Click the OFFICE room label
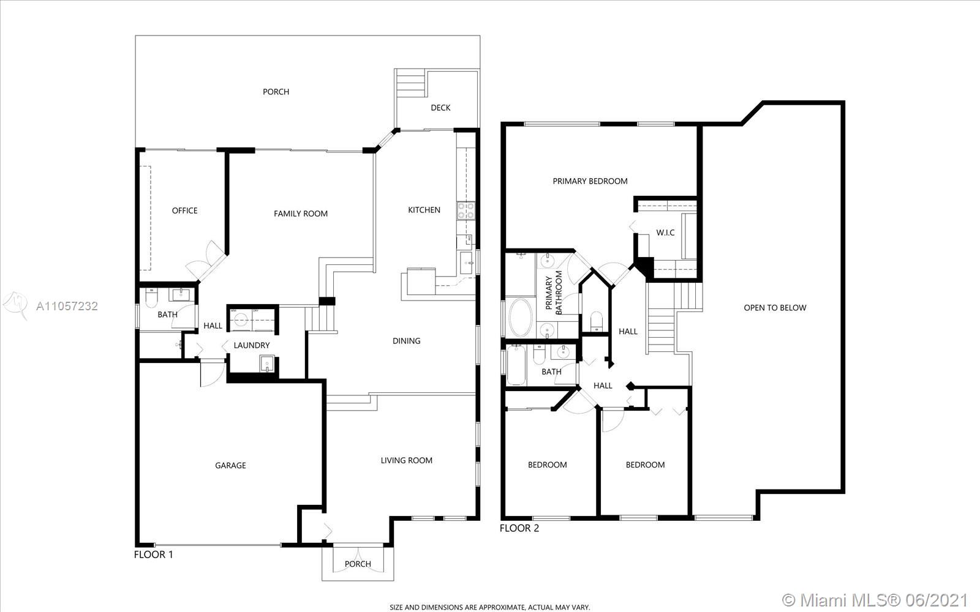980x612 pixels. [184, 211]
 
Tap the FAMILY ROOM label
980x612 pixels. [301, 214]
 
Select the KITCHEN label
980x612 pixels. [424, 210]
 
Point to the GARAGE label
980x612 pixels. [230, 466]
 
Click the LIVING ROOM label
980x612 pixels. [407, 460]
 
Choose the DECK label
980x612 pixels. [440, 108]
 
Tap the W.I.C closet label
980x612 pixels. [665, 233]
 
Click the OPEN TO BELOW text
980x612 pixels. [775, 308]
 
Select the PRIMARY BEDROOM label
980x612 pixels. [590, 181]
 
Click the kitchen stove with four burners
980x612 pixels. [466, 211]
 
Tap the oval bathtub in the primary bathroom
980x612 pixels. [521, 318]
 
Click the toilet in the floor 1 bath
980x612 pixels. [151, 297]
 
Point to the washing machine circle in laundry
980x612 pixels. [240, 319]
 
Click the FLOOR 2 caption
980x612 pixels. [519, 528]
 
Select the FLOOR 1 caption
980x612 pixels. [154, 554]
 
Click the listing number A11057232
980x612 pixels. [67, 306]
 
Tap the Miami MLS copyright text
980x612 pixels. [875, 600]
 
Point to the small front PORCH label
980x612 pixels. [358, 564]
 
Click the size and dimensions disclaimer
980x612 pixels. [490, 607]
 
